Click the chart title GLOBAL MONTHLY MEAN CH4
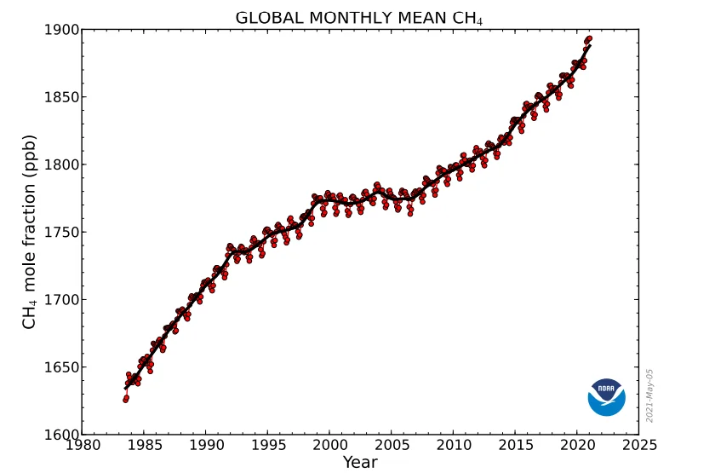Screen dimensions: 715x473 coord(358,18)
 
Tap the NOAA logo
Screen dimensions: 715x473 coord(606,397)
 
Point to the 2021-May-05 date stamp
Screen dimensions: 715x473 coord(649,395)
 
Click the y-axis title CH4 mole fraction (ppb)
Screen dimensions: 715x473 coord(29,232)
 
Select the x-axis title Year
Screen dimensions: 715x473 coord(360,462)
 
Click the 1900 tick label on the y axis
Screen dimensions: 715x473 coord(61,30)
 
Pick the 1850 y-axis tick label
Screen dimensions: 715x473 coord(61,97)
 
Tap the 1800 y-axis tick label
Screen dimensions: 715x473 coord(61,164)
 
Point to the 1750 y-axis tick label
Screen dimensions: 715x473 coord(61,232)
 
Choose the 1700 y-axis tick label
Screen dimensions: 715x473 coord(61,299)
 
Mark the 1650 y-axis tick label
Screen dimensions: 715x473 coord(61,367)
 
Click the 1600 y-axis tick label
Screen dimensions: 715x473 coord(61,434)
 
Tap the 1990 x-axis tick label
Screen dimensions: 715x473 coord(206,445)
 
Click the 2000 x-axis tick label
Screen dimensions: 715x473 coord(329,445)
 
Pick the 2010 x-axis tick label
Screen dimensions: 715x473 coord(453,445)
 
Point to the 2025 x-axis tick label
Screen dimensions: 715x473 coord(639,445)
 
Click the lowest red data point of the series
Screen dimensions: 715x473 coord(125,400)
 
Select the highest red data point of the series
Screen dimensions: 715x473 coord(589,39)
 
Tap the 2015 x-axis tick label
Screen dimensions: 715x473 coord(515,445)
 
